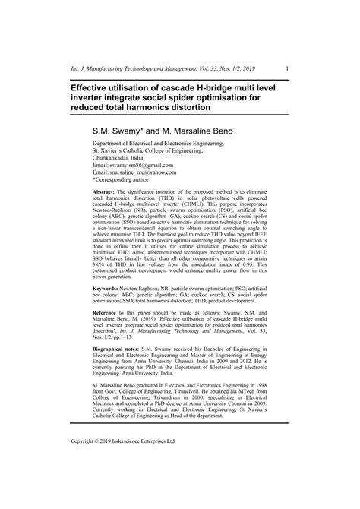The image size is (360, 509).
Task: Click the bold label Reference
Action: (108, 314)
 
